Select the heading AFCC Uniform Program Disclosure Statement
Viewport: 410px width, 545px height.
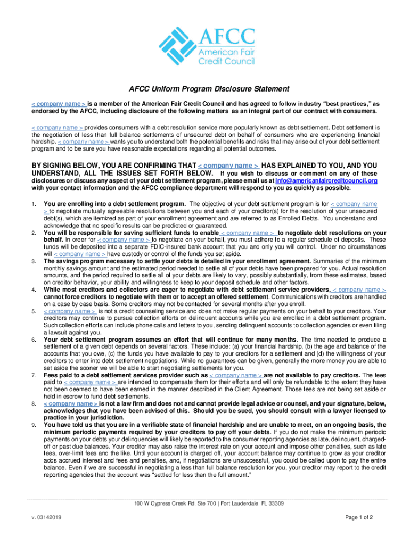(205, 89)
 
